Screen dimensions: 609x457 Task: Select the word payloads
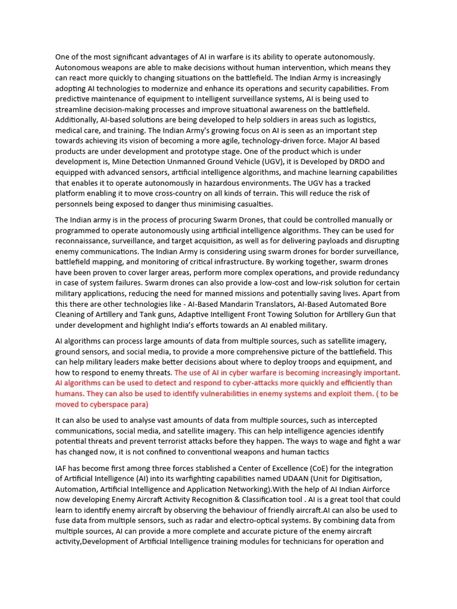319,241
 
